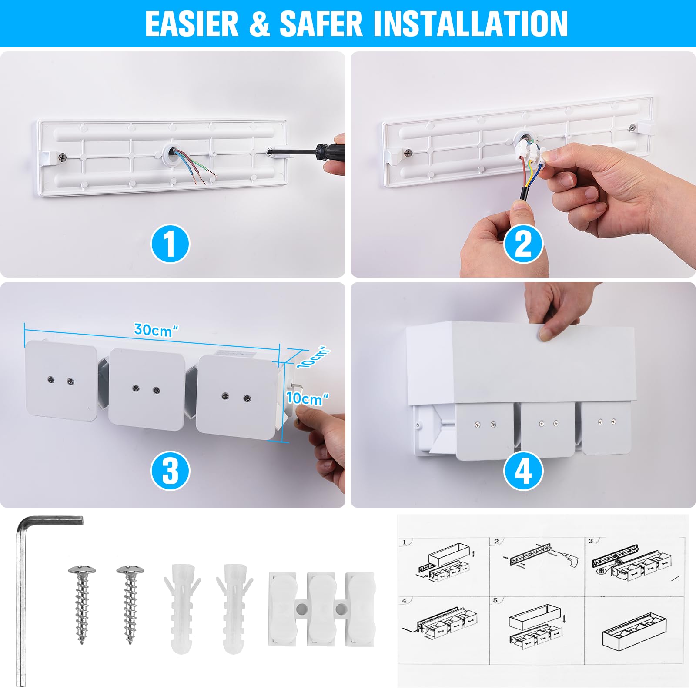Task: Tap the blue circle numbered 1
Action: coord(170,244)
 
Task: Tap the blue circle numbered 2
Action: coord(523,244)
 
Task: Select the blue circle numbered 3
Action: coord(170,471)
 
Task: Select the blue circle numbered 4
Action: coord(523,471)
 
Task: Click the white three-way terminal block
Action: coord(321,608)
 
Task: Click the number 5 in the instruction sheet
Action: coord(495,601)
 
